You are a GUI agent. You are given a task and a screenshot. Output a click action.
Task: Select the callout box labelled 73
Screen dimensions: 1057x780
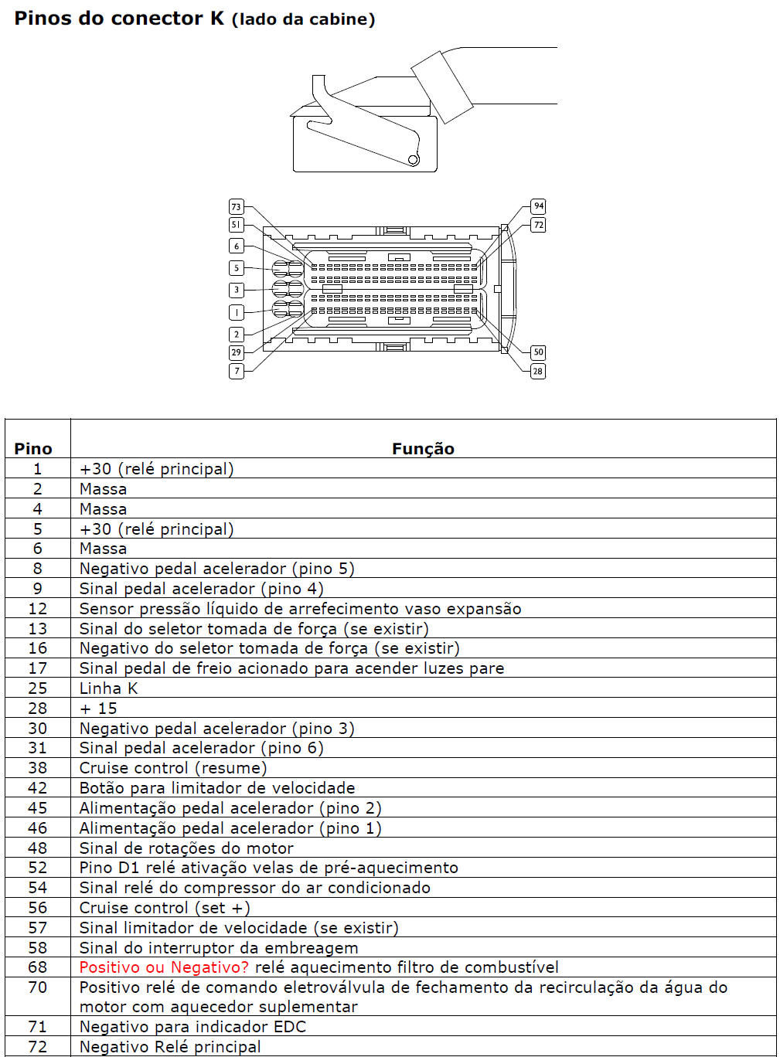coord(237,206)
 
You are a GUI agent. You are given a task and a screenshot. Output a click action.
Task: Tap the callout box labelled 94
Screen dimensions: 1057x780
coord(538,206)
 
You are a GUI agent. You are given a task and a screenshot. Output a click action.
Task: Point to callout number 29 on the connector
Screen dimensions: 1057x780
coord(237,352)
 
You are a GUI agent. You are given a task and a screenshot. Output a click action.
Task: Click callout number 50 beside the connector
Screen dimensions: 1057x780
coord(538,352)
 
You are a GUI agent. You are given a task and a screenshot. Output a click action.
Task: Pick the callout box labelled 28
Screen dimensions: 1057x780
coord(538,371)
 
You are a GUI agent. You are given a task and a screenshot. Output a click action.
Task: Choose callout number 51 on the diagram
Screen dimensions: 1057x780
coord(237,225)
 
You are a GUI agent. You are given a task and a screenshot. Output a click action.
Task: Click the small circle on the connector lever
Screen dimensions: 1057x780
coord(414,160)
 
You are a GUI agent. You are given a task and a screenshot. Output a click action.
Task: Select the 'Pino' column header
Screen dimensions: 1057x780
coord(33,448)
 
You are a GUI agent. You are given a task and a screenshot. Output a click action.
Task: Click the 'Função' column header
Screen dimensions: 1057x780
coord(423,448)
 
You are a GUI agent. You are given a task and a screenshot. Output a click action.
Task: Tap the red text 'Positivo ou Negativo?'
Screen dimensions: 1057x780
coord(164,967)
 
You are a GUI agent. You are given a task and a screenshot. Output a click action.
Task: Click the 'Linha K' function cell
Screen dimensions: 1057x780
coord(108,688)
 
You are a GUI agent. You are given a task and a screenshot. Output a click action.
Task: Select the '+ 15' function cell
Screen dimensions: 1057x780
coord(98,709)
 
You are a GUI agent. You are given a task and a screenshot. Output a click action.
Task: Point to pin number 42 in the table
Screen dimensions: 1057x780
coord(37,788)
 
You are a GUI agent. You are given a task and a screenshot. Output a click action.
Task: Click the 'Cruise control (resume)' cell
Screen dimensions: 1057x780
coord(173,768)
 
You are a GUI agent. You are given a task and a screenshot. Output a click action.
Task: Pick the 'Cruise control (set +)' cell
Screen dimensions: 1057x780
coord(165,908)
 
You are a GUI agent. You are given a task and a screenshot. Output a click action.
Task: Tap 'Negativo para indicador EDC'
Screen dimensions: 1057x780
coord(192,1027)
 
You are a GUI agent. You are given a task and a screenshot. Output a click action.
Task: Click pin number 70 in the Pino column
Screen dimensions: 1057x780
coord(37,987)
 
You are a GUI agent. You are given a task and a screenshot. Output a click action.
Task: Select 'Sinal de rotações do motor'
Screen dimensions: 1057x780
coord(186,848)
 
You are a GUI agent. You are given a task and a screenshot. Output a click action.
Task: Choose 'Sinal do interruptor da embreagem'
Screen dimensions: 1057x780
coord(219,948)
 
